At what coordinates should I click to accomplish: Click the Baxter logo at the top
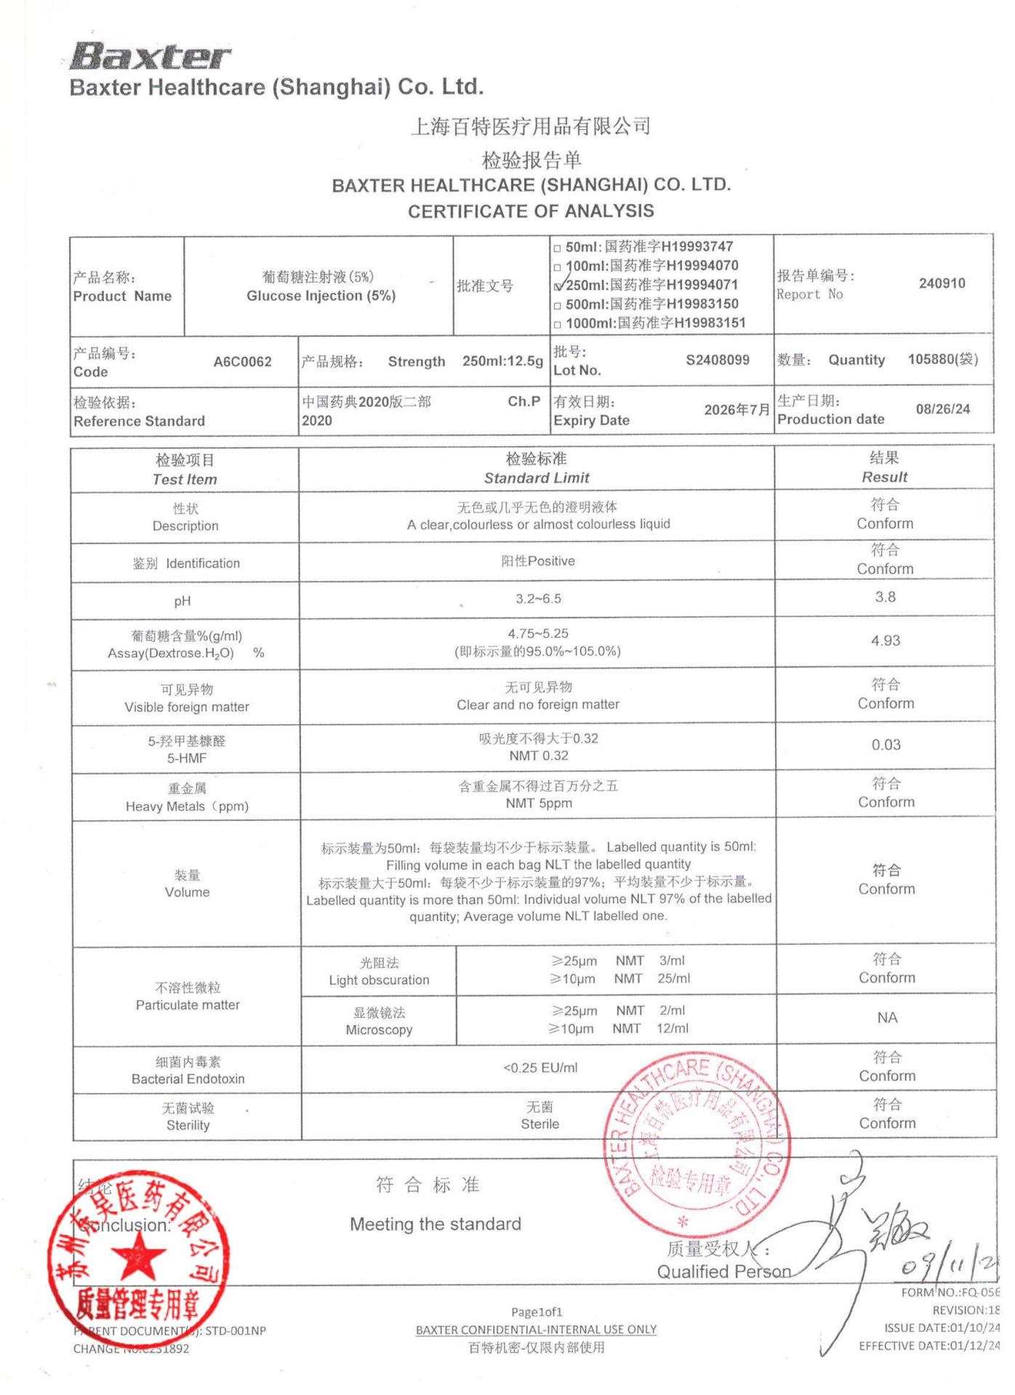point(151,55)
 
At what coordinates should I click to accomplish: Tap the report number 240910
point(942,283)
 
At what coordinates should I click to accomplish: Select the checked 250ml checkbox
point(558,286)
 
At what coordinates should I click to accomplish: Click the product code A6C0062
point(242,362)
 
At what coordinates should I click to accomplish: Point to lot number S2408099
point(717,360)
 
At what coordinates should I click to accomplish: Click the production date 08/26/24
point(942,409)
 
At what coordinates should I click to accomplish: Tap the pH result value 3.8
point(886,597)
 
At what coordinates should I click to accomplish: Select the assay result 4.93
point(886,641)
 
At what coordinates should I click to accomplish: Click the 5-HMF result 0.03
point(886,745)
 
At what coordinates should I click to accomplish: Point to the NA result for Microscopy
point(887,1018)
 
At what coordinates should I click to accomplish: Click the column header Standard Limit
point(537,478)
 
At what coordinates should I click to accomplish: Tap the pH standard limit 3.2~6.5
point(538,599)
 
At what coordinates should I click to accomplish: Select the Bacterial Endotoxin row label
point(188,1070)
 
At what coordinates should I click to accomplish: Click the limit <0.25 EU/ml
point(540,1067)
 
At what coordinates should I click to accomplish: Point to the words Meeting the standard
point(435,1224)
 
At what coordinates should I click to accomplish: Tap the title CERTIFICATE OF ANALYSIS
point(531,211)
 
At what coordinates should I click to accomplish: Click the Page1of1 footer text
point(537,1311)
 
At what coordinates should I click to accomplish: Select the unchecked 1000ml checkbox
point(558,325)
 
